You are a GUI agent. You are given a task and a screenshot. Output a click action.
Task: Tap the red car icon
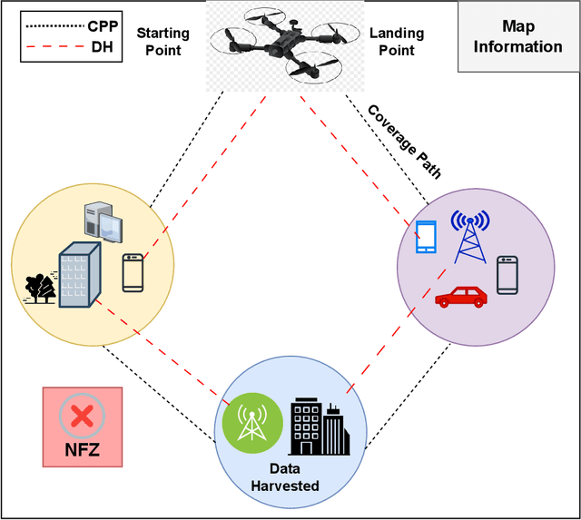[x=460, y=296]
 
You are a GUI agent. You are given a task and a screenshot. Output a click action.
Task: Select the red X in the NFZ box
[x=82, y=417]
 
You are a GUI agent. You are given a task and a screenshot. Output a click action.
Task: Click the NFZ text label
[x=82, y=449]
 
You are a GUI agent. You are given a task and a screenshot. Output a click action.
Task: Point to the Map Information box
[x=517, y=36]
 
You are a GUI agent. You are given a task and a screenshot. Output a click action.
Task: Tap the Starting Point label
[x=162, y=40]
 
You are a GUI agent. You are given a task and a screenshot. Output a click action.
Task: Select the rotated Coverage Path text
[x=404, y=141]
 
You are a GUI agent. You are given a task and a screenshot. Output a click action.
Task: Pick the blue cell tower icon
[x=469, y=238]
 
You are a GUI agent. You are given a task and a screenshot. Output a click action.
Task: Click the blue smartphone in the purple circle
[x=425, y=236]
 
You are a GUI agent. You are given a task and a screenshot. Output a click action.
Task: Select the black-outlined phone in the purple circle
[x=507, y=275]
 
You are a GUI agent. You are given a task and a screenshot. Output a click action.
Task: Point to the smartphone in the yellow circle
[x=133, y=272]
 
